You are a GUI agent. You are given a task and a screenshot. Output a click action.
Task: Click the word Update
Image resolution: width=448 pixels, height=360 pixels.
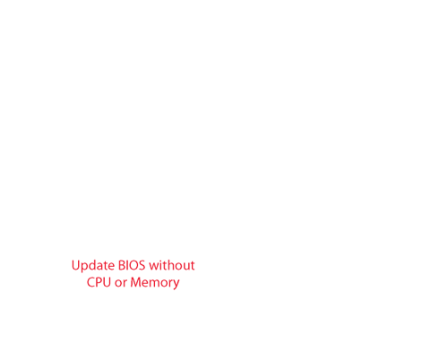click(93, 266)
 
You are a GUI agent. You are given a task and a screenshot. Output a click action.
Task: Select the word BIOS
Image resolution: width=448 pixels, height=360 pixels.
click(132, 265)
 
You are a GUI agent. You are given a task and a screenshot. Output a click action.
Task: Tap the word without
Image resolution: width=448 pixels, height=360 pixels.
click(172, 265)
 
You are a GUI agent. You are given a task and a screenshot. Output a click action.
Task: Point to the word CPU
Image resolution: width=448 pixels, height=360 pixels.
click(99, 282)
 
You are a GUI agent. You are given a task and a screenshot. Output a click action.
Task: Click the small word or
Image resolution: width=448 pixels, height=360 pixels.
click(121, 284)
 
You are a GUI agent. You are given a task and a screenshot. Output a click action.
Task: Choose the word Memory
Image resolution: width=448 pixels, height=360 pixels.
click(155, 283)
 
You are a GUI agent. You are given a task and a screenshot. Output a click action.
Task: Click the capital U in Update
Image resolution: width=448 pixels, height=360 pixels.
click(76, 265)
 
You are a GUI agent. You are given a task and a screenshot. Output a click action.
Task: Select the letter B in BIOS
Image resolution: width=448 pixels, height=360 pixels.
click(122, 265)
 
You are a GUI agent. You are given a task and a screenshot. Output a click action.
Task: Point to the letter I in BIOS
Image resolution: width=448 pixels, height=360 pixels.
click(128, 265)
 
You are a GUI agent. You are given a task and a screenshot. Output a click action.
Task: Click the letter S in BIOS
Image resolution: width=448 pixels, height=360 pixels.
click(142, 265)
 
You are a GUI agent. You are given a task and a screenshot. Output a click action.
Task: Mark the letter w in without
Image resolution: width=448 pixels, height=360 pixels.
click(155, 267)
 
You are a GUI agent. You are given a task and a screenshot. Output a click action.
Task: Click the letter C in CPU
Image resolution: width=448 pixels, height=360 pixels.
click(90, 282)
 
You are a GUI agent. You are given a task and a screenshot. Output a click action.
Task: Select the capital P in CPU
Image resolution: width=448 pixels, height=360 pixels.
click(99, 282)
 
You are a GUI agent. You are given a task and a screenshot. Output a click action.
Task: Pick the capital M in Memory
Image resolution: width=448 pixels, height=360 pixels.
click(136, 282)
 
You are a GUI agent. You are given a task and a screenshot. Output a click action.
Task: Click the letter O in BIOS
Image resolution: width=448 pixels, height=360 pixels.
click(134, 265)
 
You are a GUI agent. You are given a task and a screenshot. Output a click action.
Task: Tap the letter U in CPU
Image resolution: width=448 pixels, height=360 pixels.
click(107, 283)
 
